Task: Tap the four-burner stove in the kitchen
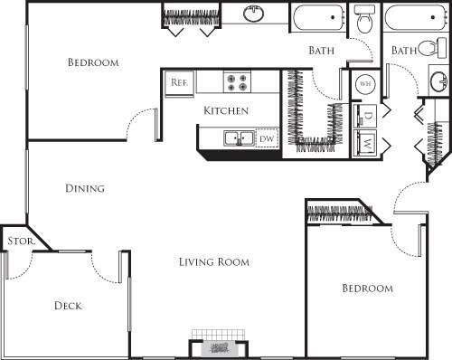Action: click(237, 82)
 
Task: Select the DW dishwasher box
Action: click(266, 138)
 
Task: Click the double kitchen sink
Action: click(239, 138)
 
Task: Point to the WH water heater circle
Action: click(365, 82)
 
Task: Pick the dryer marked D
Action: click(368, 115)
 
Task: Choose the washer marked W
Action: click(368, 142)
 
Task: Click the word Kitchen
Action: click(225, 110)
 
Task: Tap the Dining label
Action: click(85, 189)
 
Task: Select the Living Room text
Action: click(213, 262)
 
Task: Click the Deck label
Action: click(67, 306)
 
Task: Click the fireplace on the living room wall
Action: click(217, 347)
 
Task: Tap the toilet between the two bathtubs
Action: click(364, 19)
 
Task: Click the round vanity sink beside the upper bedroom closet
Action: click(254, 14)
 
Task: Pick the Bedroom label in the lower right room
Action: click(367, 289)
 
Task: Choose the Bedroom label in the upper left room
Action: click(94, 62)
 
